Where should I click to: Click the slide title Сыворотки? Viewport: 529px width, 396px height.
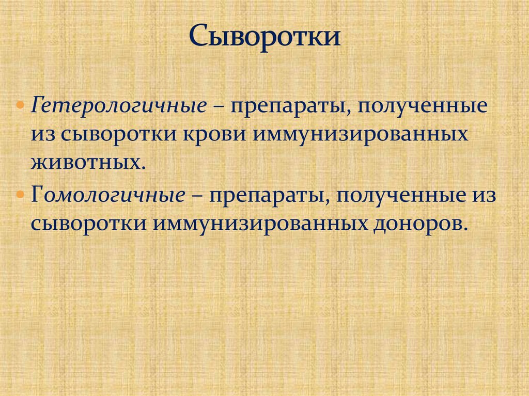click(264, 37)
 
